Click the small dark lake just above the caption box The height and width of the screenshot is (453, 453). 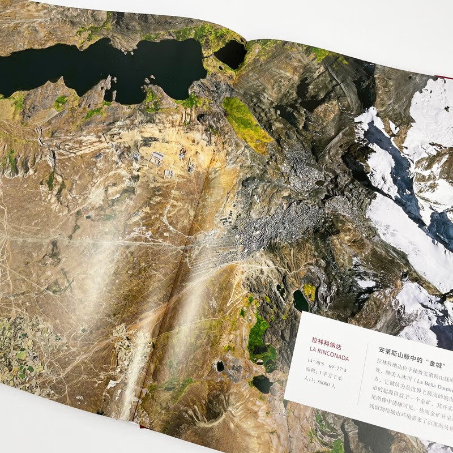pyautogui.click(x=301, y=301)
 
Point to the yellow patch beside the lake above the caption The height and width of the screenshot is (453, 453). pyautogui.click(x=310, y=292)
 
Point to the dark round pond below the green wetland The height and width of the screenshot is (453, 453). pyautogui.click(x=262, y=384)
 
